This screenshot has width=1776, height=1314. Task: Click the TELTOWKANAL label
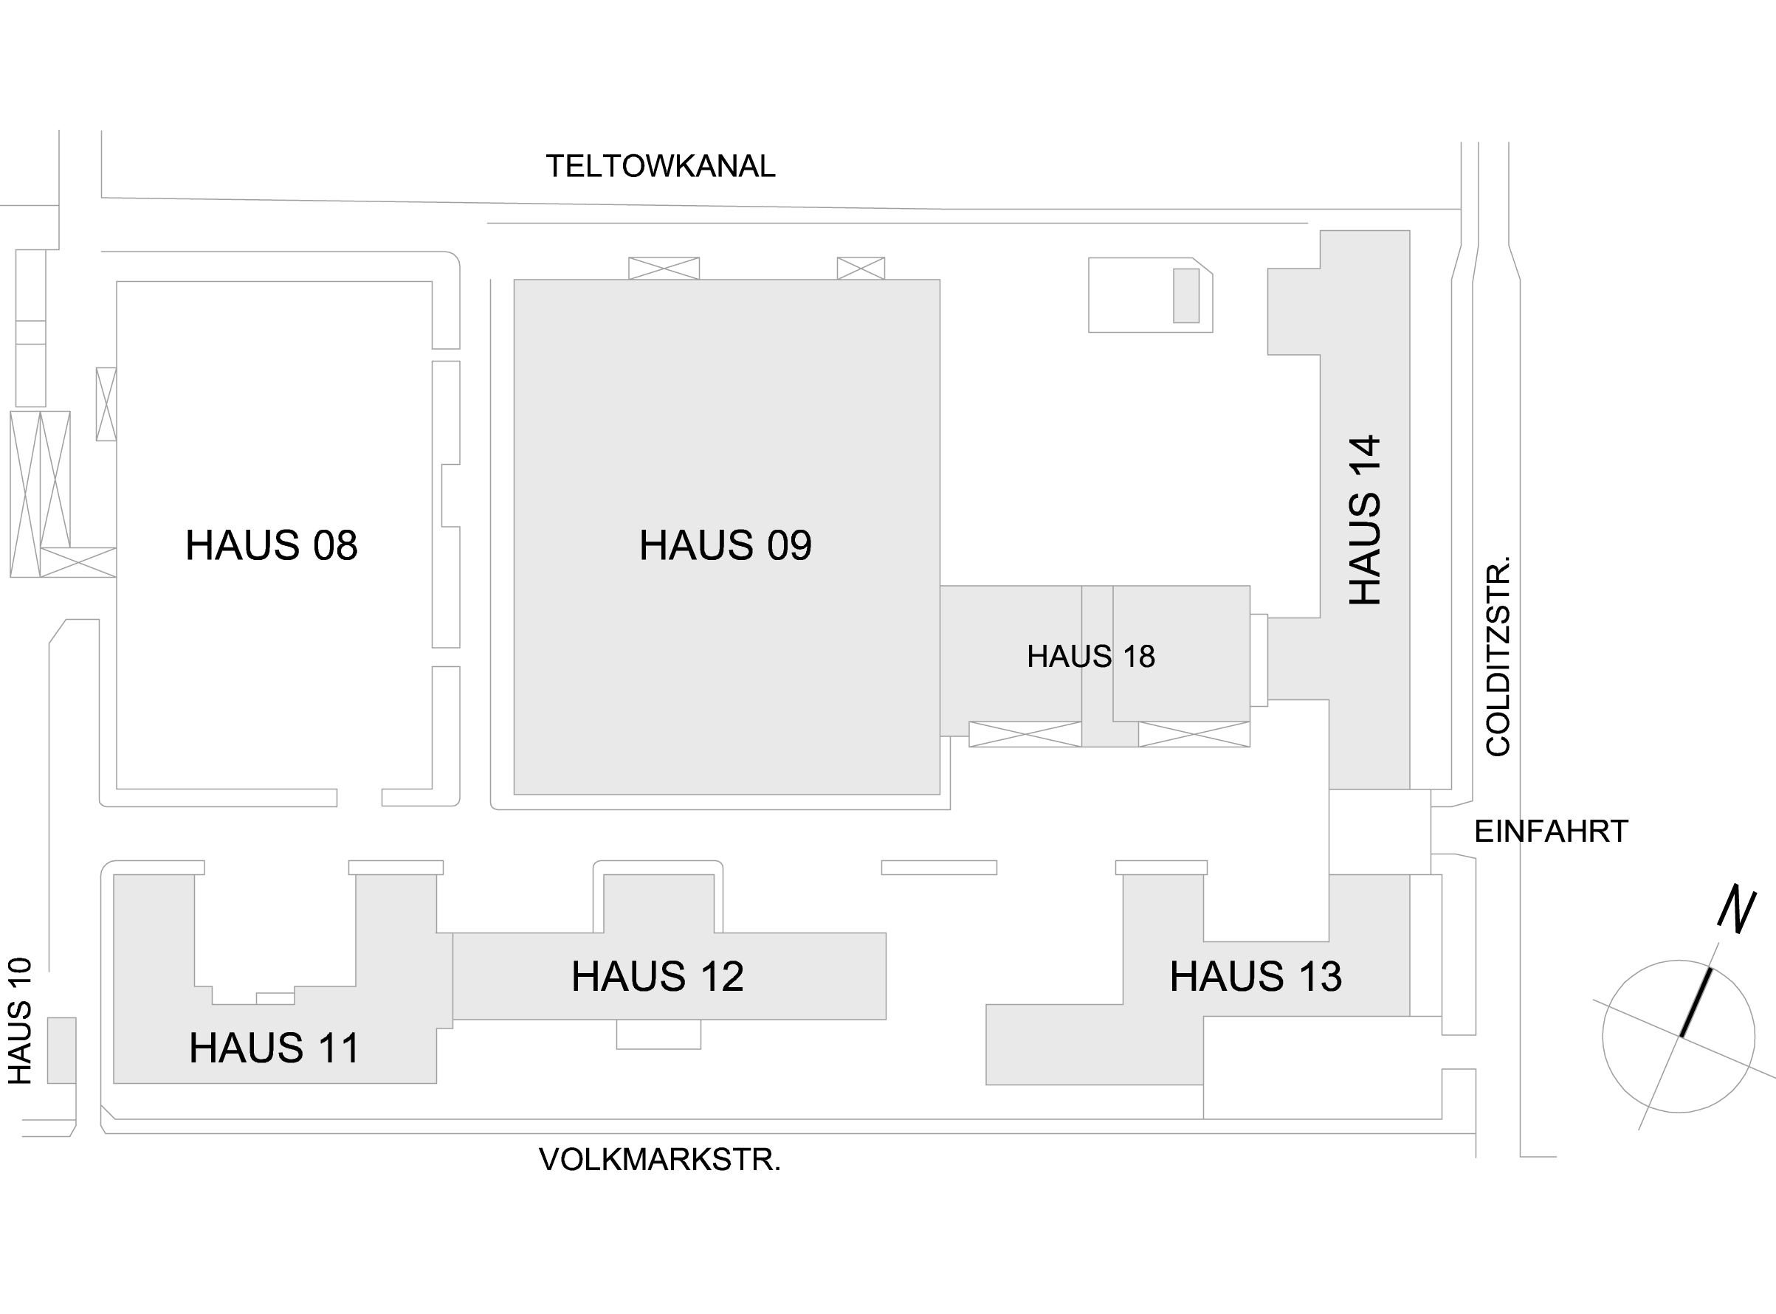tap(660, 166)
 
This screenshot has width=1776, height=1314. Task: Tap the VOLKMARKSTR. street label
tap(660, 1160)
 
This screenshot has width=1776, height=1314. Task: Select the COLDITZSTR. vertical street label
tap(1498, 657)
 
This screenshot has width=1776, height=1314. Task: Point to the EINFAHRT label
tap(1551, 831)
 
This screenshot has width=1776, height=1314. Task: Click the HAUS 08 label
tap(272, 546)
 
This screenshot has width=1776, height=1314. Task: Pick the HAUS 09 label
tap(725, 546)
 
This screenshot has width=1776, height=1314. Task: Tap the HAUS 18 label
tap(1090, 656)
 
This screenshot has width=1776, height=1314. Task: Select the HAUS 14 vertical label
tap(1365, 520)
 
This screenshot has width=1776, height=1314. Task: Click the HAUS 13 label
tap(1256, 976)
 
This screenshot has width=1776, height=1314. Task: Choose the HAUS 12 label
tap(657, 976)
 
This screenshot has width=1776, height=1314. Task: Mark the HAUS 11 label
tap(274, 1048)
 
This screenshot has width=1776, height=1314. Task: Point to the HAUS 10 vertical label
tap(20, 1020)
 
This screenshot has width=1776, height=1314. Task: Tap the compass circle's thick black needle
tap(1696, 1002)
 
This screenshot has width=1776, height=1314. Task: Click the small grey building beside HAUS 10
tap(61, 1050)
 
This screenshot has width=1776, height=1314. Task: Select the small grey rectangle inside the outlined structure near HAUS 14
tap(1185, 295)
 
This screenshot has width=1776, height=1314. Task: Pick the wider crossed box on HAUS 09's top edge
tap(664, 268)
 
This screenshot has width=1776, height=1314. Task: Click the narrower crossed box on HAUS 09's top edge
tap(860, 268)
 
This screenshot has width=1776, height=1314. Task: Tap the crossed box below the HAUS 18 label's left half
tap(1025, 733)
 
